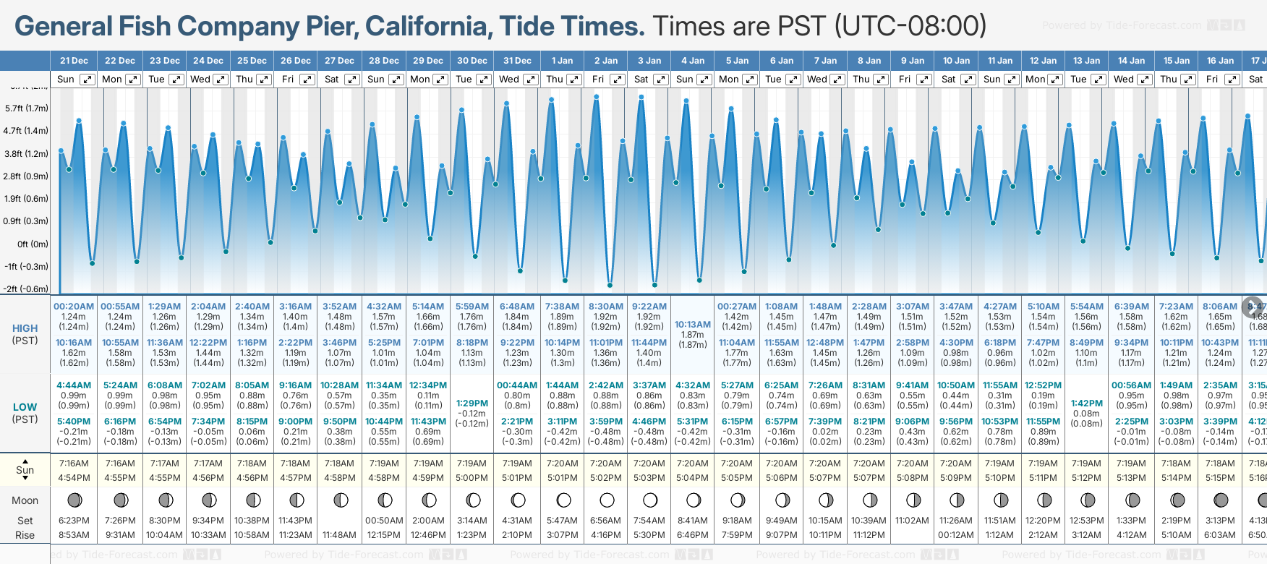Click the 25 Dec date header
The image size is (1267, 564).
pos(252,61)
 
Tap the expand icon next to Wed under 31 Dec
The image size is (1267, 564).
pos(530,80)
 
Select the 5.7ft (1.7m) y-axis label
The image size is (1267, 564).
pos(27,108)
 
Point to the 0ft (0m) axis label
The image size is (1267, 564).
pos(33,244)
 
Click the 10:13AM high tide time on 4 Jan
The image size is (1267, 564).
pos(692,325)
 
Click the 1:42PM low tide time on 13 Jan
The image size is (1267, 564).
pos(1086,403)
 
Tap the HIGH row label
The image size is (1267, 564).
pos(25,328)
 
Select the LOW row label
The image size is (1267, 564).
pos(25,407)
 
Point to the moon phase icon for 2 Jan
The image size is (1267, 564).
pos(607,500)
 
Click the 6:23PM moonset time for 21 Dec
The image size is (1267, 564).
pos(74,521)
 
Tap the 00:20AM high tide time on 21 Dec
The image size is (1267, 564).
pos(74,307)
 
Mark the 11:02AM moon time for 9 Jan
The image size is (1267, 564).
pos(912,521)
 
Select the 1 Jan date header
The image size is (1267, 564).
pos(562,61)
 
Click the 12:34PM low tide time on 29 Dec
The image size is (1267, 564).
pos(428,385)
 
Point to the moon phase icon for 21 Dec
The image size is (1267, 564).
pos(74,500)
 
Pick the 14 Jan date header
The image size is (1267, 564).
pos(1131,61)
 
